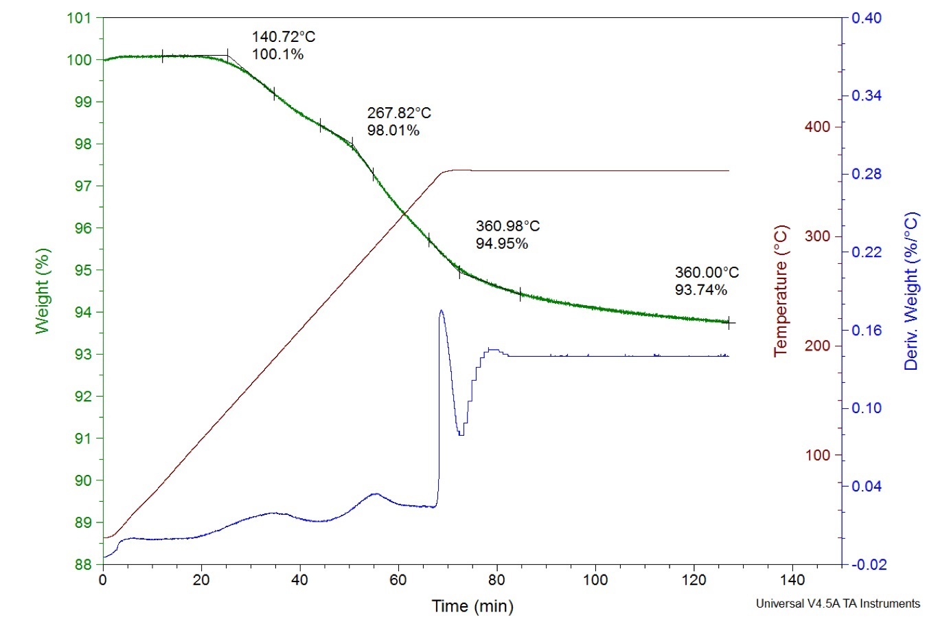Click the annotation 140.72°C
point(283,37)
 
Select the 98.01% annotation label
point(393,131)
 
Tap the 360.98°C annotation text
point(507,226)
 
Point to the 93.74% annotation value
point(700,290)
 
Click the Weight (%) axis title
point(43,291)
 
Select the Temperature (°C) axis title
point(781,291)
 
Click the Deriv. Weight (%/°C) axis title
point(911,291)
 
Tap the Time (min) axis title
point(472,606)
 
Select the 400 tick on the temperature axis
point(817,127)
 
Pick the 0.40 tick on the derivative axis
point(866,18)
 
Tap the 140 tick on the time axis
point(792,579)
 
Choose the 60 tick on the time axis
point(398,579)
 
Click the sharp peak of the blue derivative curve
point(441,311)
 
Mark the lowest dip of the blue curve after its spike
point(461,434)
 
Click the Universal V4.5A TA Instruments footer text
point(837,603)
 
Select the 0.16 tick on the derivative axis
point(866,330)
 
